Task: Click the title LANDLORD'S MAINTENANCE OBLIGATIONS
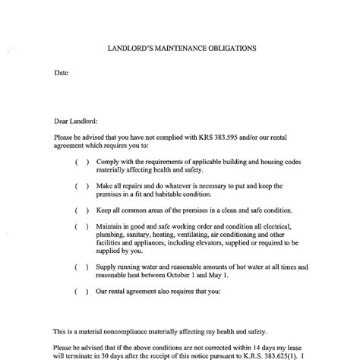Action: point(181,48)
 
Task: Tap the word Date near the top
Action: point(62,73)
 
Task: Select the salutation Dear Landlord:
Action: point(76,120)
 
